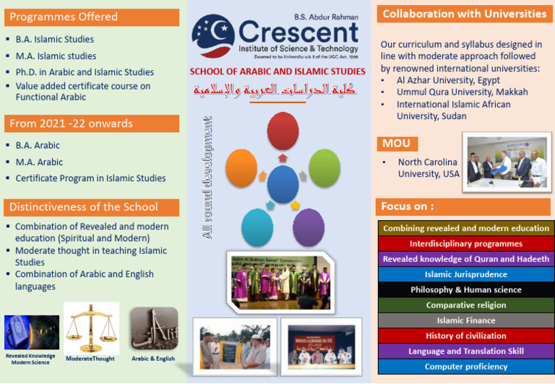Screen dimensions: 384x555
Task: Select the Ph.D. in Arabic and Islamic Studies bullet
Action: pos(85,72)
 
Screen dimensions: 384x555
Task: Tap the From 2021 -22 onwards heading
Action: pos(71,123)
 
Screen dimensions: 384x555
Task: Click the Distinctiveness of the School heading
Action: pos(83,207)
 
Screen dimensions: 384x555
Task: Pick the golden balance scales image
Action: pos(91,327)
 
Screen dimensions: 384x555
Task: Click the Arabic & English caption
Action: pos(153,359)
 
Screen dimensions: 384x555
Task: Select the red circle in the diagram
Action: pos(283,131)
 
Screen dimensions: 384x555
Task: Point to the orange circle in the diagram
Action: pos(241,167)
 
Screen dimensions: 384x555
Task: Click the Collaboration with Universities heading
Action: pos(465,14)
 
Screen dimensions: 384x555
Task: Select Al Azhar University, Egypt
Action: pos(449,80)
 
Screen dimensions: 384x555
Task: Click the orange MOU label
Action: pos(396,144)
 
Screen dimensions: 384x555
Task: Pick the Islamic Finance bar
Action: pos(466,320)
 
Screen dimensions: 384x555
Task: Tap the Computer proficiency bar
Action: pos(466,367)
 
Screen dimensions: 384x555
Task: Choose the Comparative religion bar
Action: pos(466,305)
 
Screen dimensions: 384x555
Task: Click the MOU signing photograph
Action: pos(506,164)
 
